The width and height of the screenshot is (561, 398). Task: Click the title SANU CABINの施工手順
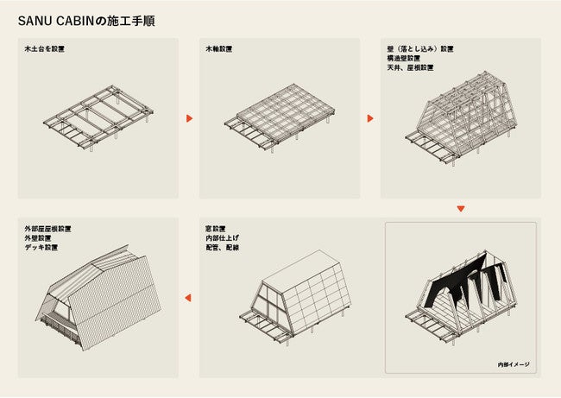87,18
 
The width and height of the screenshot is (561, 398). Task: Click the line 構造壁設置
405,60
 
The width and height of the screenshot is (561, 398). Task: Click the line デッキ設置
42,249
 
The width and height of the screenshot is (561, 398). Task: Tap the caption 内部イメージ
514,364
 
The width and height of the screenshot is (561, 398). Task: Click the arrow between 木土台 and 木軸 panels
189,118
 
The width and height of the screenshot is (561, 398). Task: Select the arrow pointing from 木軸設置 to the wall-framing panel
370,118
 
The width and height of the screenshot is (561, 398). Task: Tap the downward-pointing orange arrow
460,209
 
